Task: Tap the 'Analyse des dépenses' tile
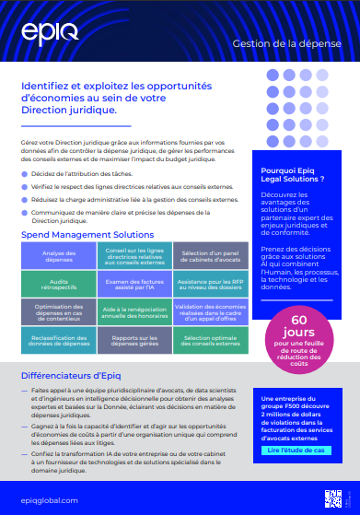coord(59,256)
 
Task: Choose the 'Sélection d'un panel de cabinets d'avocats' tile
coord(210,256)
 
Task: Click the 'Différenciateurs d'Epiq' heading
coord(73,375)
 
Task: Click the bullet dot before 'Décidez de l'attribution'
coord(25,172)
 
